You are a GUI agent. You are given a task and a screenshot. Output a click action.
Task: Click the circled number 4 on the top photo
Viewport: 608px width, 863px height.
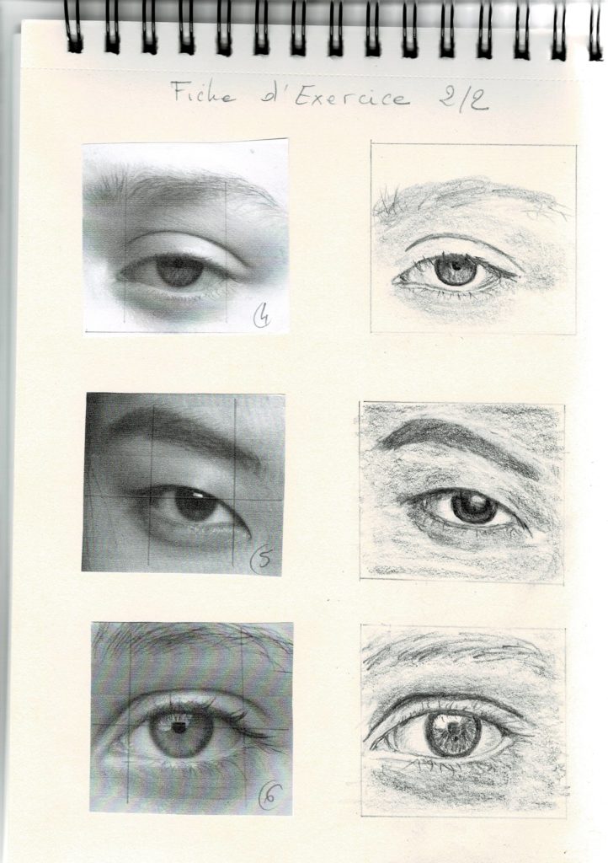tap(262, 317)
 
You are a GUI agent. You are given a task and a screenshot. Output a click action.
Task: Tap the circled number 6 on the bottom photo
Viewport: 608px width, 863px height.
tap(269, 796)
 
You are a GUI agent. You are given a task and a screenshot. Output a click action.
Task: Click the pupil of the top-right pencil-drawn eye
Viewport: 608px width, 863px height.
tap(455, 270)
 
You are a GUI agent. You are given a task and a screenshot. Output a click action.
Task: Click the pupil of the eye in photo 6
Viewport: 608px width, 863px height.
tap(179, 727)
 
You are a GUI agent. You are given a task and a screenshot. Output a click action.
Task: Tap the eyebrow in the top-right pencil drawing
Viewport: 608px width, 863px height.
tap(472, 198)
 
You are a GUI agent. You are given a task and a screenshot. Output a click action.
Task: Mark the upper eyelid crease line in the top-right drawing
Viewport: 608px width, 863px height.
tap(461, 242)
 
